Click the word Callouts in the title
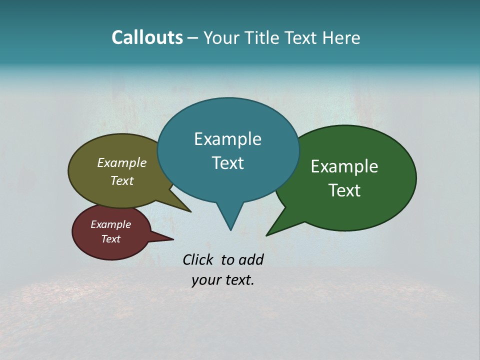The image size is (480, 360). (147, 37)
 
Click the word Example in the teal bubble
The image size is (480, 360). (227, 139)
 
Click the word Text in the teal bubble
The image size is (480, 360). (227, 163)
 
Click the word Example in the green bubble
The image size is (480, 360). (344, 166)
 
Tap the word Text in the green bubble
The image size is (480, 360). (344, 190)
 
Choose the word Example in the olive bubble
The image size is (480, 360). (122, 162)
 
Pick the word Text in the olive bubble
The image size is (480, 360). (122, 180)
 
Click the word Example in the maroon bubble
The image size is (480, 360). (110, 224)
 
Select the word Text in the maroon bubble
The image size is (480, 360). (110, 239)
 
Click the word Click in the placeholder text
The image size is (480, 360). (198, 259)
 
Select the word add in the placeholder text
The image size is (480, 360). (250, 259)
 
